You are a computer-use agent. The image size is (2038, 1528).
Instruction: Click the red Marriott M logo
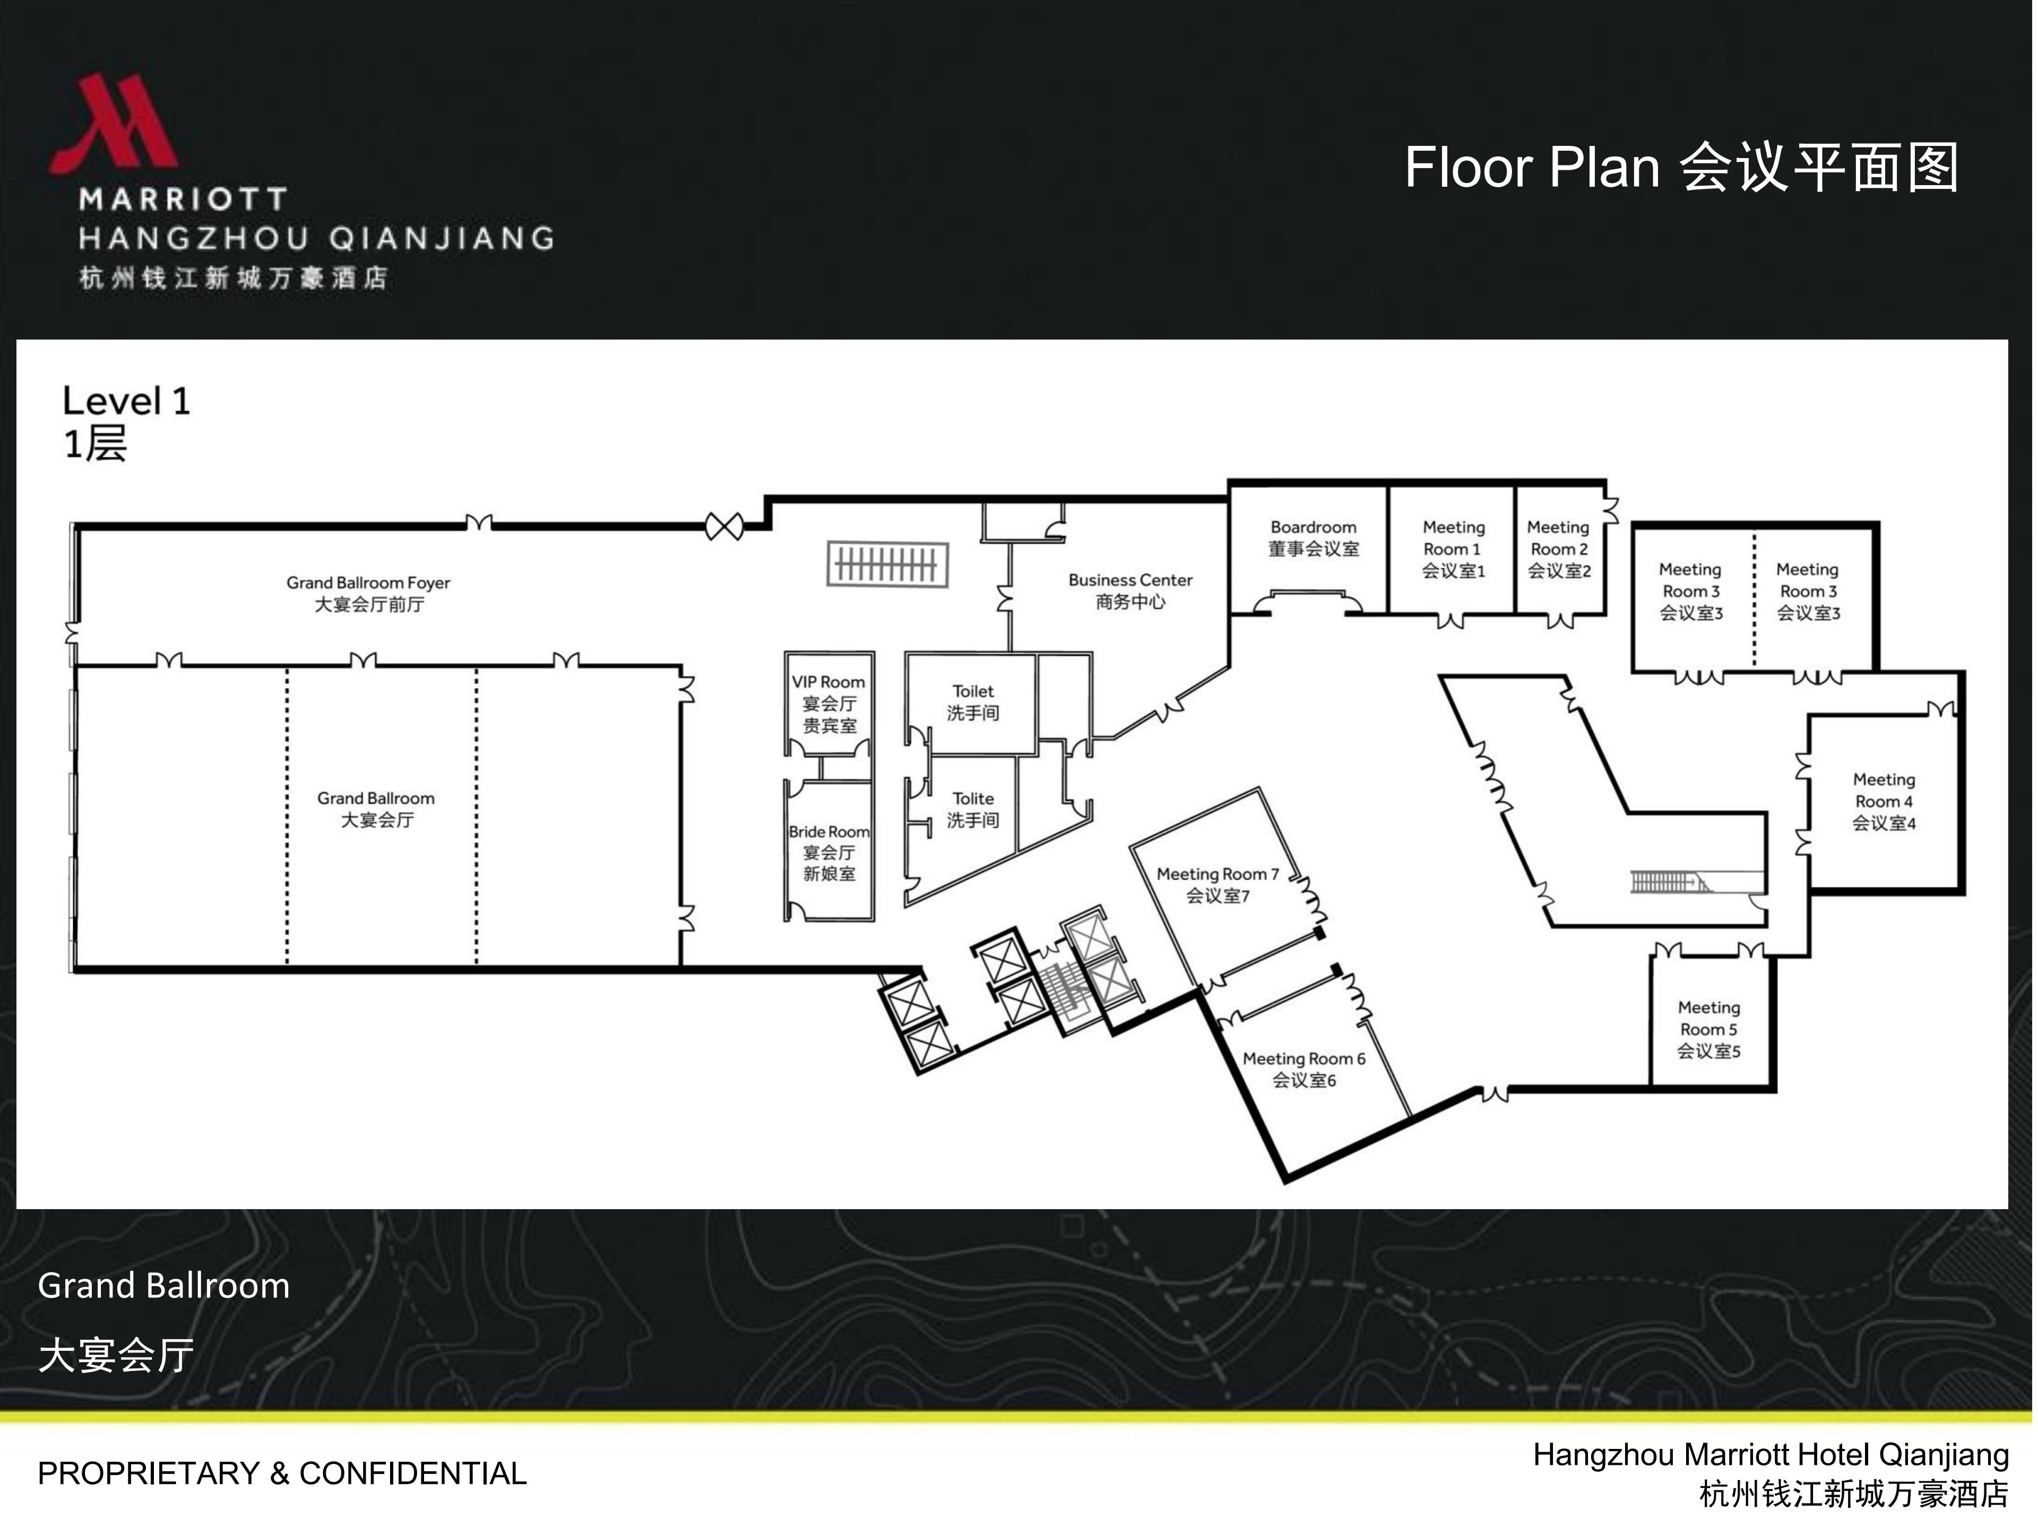pyautogui.click(x=114, y=124)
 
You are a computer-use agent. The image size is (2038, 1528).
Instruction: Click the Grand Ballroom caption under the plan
pyautogui.click(x=164, y=1286)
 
